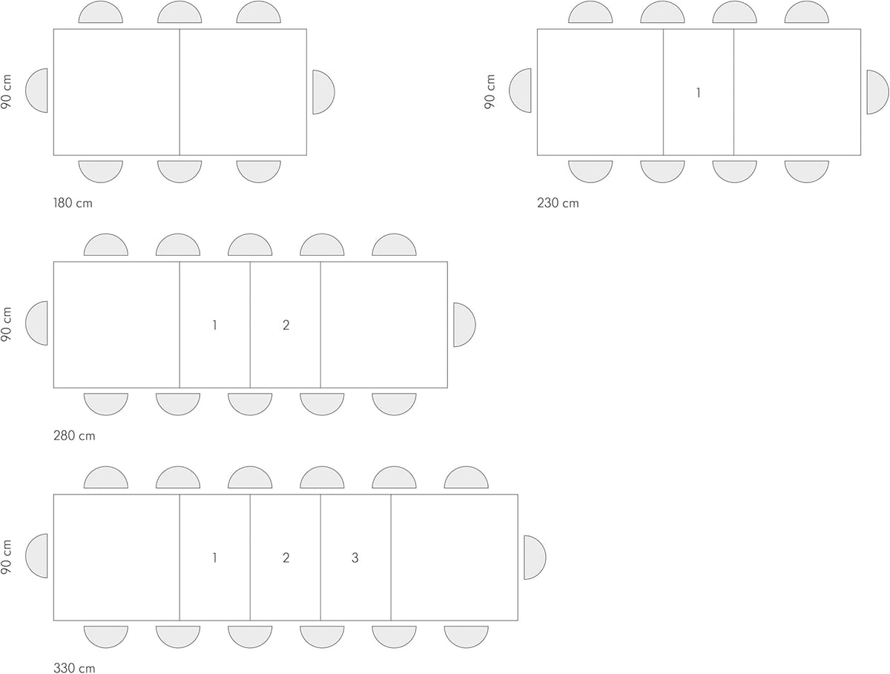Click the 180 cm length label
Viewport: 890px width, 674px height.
[73, 203]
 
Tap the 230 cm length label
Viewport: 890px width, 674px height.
[558, 203]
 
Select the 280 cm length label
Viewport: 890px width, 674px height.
[74, 436]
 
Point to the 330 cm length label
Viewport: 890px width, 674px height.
[74, 668]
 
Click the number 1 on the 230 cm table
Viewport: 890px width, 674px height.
[698, 93]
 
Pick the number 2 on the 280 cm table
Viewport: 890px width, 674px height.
[286, 325]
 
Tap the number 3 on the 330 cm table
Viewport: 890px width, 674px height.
[355, 558]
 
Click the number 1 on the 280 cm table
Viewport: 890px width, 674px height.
[214, 325]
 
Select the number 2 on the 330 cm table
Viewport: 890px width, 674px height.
[286, 558]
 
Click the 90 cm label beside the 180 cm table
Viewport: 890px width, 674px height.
[6, 92]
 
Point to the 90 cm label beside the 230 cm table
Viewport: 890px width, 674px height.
[489, 92]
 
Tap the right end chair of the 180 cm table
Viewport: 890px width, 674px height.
[323, 92]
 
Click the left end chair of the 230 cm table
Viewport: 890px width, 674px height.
[520, 90]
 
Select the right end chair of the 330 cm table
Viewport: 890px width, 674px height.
[535, 558]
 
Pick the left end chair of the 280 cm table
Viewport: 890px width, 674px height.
[36, 323]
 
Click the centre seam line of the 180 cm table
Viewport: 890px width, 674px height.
[179, 92]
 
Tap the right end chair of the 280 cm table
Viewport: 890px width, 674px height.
[464, 325]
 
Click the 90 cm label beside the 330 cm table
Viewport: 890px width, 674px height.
[6, 557]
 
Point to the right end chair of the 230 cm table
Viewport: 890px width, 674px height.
[878, 92]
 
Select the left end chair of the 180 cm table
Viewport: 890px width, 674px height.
[36, 90]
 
